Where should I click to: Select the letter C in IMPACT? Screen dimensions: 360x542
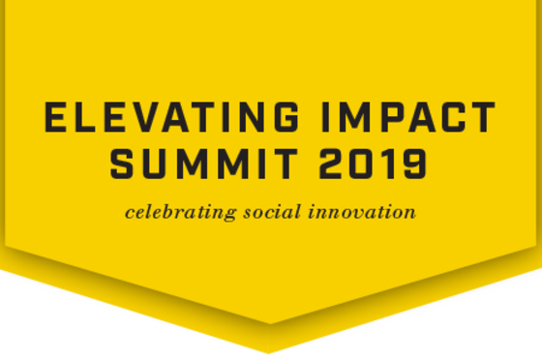tap(469, 119)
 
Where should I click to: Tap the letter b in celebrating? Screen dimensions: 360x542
tap(157, 211)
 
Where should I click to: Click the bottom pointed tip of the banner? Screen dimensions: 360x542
tap(269, 350)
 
